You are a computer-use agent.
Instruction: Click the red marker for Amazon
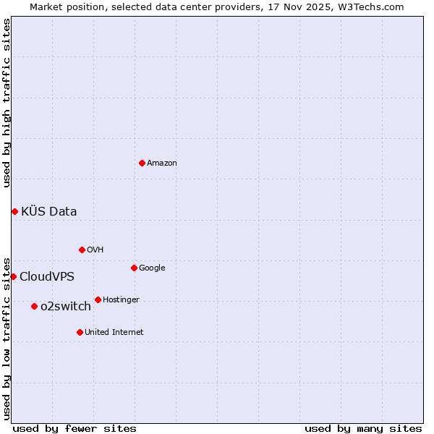142,163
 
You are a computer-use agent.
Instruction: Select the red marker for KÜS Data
14,211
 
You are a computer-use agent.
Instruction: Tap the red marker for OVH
82,250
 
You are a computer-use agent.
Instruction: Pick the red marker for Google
134,268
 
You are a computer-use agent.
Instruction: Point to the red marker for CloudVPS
13,276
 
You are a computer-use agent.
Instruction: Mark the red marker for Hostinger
98,299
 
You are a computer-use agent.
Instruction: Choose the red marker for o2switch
34,306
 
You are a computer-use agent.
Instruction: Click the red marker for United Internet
80,332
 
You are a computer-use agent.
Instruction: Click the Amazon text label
161,163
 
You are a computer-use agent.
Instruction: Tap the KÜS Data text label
48,212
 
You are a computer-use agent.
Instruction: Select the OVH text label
95,250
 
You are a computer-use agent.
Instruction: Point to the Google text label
152,268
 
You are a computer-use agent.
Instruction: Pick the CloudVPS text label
46,277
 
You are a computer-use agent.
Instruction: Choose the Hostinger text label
121,300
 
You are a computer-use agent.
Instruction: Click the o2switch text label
66,307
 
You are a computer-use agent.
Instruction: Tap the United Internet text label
114,333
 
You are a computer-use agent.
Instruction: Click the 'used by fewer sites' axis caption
75,428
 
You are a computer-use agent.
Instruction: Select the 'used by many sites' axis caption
363,428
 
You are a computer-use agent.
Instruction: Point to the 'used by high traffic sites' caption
7,103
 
